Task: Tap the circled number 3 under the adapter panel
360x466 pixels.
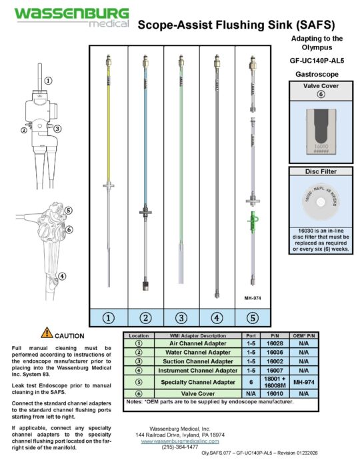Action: [181, 318]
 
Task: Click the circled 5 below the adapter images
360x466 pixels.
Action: [253, 318]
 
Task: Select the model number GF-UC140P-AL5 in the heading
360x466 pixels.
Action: [319, 59]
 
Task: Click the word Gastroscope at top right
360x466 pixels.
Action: [319, 73]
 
